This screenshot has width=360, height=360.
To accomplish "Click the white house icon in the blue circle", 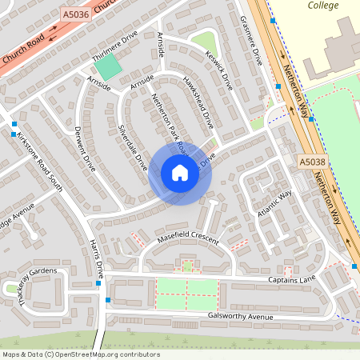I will (180, 173).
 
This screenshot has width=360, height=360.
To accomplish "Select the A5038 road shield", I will (313, 162).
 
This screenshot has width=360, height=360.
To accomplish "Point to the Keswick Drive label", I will (218, 72).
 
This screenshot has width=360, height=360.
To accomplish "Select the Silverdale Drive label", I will (133, 146).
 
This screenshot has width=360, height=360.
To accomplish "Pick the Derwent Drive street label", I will (85, 149).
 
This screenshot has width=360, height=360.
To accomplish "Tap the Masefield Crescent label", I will (188, 238).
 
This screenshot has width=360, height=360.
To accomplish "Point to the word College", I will (324, 6).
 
